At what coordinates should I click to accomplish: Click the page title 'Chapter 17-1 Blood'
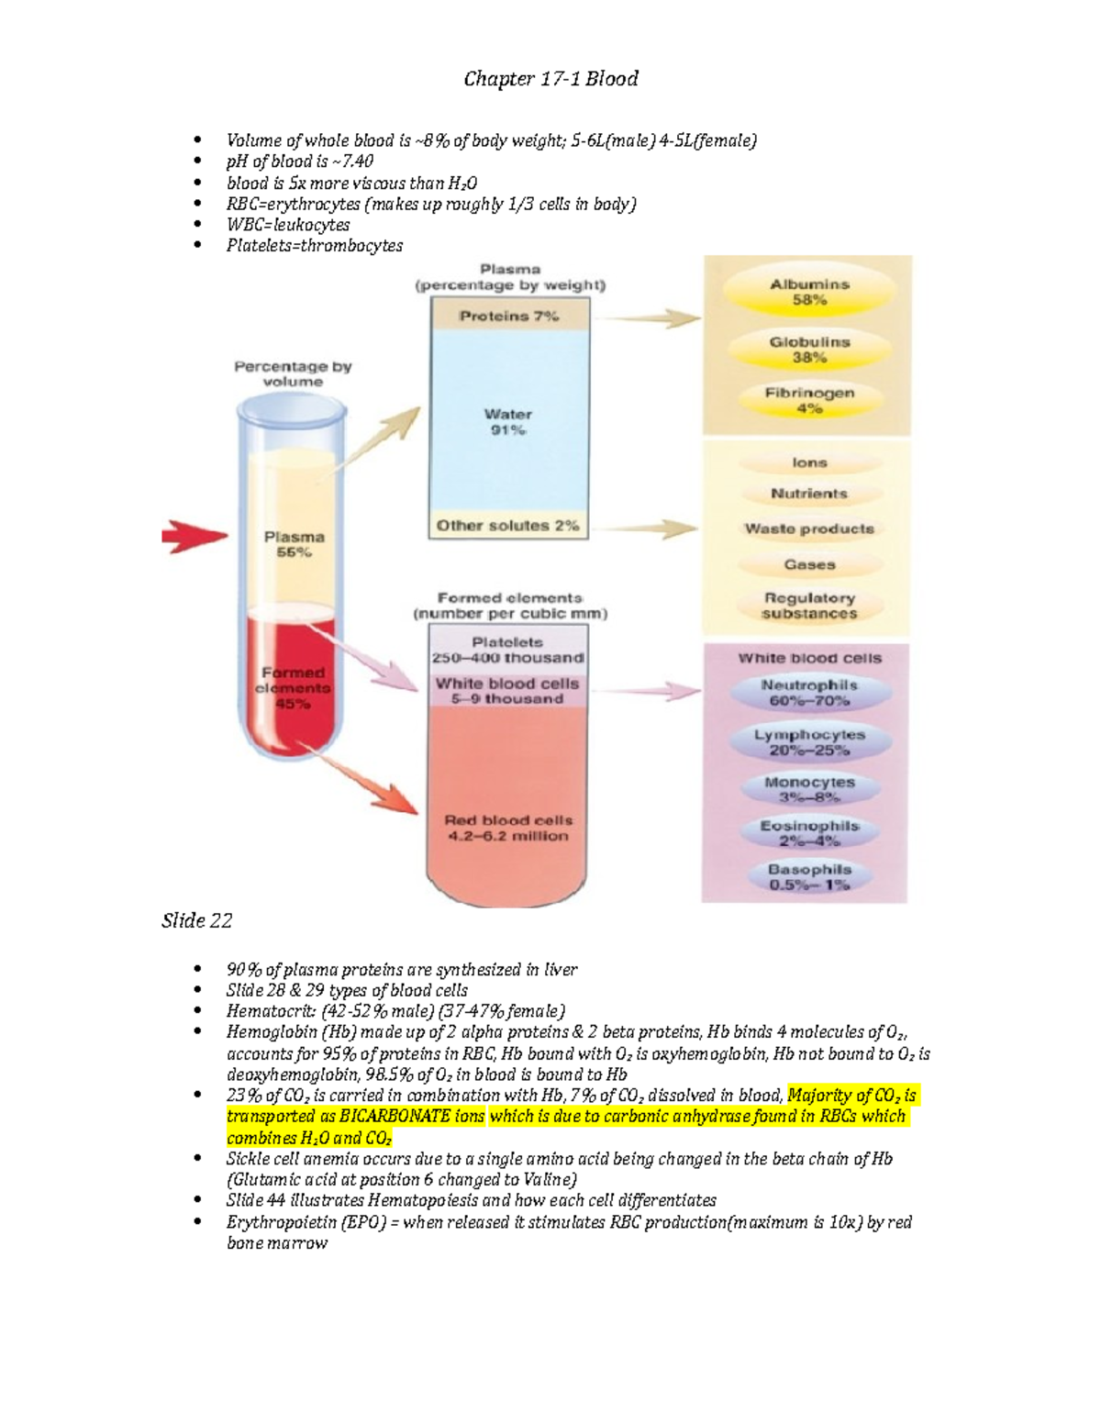click(550, 79)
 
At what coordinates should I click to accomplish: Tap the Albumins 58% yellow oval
click(808, 293)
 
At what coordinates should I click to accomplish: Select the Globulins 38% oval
click(808, 350)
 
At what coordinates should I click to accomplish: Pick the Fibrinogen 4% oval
click(808, 401)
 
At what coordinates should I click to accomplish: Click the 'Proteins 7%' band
click(509, 317)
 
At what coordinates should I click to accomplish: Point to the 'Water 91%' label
click(508, 422)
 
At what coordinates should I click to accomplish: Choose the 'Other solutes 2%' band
click(508, 526)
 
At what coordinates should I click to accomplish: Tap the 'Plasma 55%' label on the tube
click(294, 544)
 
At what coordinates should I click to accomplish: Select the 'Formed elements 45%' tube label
click(293, 688)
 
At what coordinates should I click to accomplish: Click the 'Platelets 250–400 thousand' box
click(508, 650)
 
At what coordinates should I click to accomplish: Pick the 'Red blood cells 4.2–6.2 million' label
click(508, 828)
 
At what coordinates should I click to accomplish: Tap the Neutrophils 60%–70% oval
click(808, 693)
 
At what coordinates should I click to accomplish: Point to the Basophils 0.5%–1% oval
click(808, 877)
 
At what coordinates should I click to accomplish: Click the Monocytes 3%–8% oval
click(808, 789)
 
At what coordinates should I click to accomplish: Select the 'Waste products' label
click(808, 529)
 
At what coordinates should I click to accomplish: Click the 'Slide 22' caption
click(196, 920)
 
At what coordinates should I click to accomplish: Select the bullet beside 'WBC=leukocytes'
click(196, 225)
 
